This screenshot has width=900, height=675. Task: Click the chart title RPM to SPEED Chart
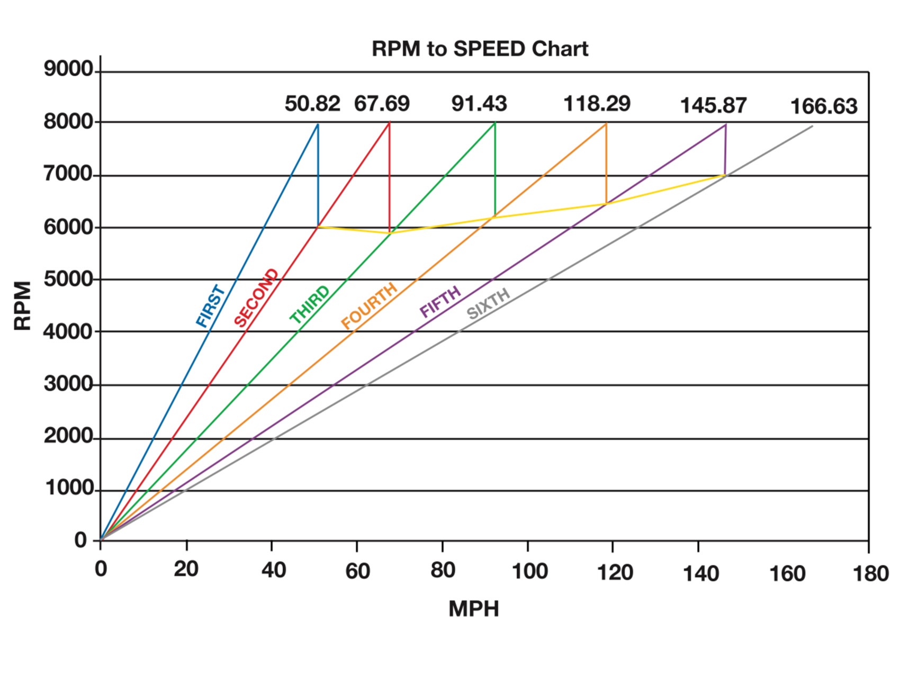click(480, 49)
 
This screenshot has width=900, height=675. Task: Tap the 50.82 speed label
click(312, 104)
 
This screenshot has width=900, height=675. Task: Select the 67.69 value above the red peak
click(382, 104)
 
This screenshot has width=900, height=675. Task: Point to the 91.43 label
click(479, 104)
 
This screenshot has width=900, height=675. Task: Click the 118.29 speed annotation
click(597, 104)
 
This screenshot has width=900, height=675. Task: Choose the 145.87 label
click(713, 105)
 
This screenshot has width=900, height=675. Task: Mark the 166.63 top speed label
click(824, 107)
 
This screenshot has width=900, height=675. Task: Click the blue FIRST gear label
click(211, 306)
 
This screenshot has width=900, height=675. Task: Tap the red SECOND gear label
click(256, 298)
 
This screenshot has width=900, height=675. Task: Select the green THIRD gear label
click(310, 304)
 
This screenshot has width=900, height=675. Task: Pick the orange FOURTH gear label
click(369, 305)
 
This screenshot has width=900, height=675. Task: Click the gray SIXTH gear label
click(488, 303)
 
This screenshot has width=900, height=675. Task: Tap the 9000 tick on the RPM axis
click(68, 69)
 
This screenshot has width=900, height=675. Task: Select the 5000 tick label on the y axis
click(68, 279)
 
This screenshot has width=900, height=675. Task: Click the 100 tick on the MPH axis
click(529, 571)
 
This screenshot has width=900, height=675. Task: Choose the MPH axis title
click(474, 609)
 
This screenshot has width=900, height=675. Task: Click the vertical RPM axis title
click(23, 306)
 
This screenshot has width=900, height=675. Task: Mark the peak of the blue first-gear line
click(318, 124)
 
